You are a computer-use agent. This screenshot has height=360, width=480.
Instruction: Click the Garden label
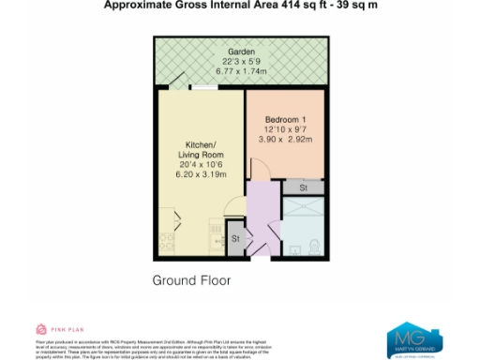pyautogui.click(x=241, y=52)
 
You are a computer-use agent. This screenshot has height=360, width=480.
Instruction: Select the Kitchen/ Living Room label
pyautogui.click(x=198, y=150)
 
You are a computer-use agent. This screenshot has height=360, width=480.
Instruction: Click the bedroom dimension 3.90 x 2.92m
pyautogui.click(x=286, y=139)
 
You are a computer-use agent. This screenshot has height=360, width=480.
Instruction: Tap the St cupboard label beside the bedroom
pyautogui.click(x=304, y=188)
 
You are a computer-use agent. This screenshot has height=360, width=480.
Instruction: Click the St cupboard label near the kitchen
pyautogui.click(x=235, y=238)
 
